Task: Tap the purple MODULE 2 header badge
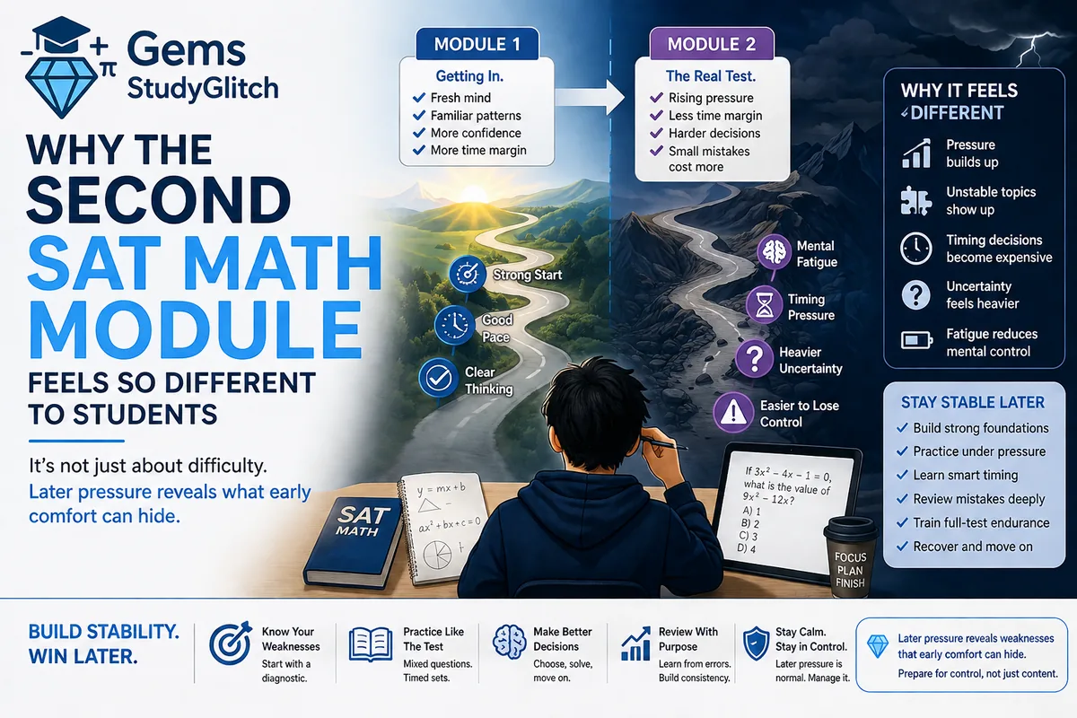pyautogui.click(x=713, y=44)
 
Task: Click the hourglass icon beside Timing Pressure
pyautogui.click(x=763, y=307)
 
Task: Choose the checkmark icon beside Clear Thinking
pyautogui.click(x=438, y=379)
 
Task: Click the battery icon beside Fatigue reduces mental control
pyautogui.click(x=915, y=342)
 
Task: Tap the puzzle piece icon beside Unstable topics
pyautogui.click(x=915, y=201)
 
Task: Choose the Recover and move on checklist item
pyautogui.click(x=972, y=546)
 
